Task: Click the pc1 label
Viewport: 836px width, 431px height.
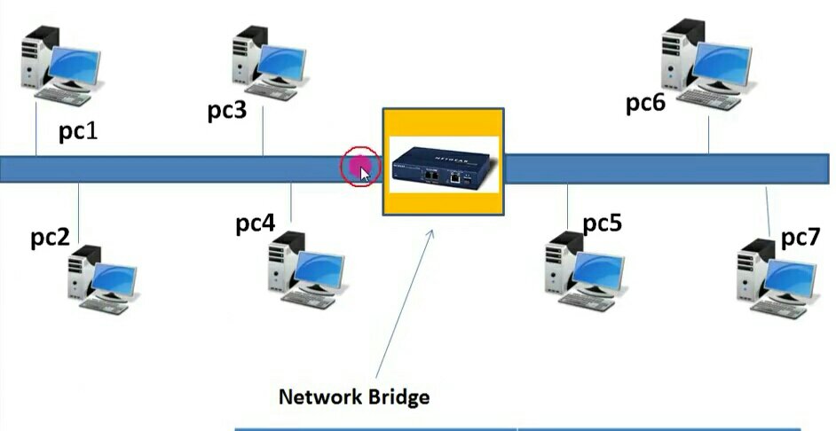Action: (78, 131)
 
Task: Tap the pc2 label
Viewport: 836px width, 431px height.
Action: (51, 238)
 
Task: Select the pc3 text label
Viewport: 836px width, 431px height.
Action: (227, 111)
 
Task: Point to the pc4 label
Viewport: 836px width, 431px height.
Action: (255, 223)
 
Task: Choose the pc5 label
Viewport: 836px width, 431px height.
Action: (603, 223)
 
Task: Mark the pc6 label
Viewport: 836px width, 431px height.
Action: (645, 104)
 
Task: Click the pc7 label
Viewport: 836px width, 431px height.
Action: (800, 238)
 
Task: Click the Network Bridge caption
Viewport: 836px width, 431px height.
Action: (354, 396)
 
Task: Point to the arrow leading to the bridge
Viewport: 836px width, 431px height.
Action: (405, 302)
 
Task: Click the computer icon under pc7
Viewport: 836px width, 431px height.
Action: (777, 278)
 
